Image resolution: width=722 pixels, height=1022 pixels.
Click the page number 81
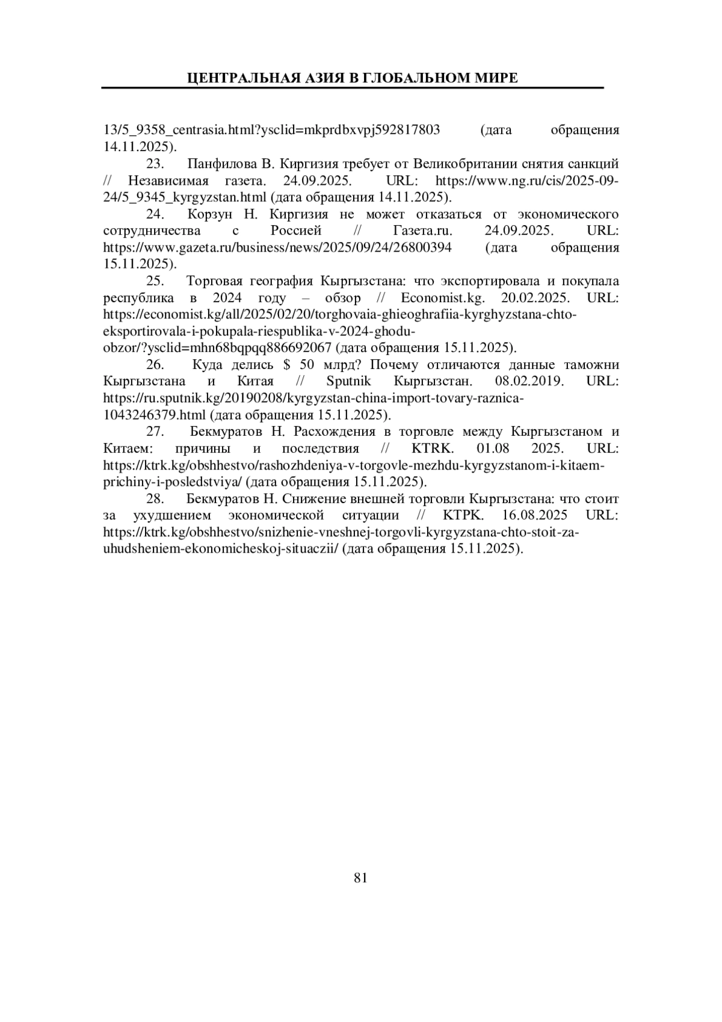coord(360,878)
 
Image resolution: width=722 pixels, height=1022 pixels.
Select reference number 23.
coord(155,164)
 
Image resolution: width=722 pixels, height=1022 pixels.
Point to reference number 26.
coord(155,365)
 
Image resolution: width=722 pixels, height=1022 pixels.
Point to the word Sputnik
coord(348,382)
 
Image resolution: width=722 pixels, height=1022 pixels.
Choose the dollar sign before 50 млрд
coord(286,365)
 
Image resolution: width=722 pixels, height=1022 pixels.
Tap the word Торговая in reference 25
coord(213,282)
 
